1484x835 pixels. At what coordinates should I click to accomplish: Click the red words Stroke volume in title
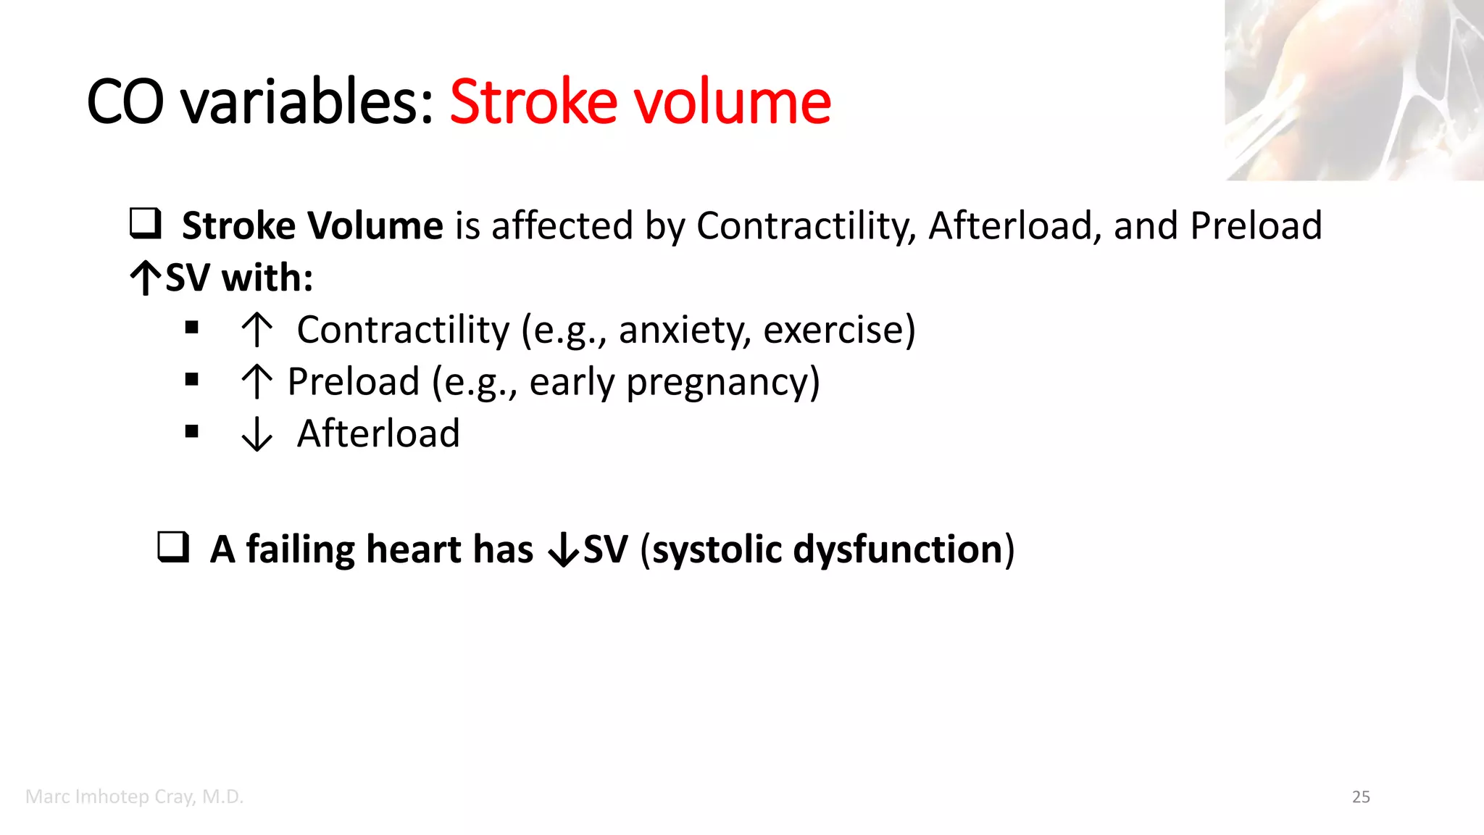[640, 101]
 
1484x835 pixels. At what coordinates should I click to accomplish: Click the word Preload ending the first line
[1256, 225]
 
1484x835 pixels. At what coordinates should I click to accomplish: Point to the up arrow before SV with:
[146, 278]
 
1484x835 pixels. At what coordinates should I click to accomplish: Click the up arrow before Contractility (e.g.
[257, 330]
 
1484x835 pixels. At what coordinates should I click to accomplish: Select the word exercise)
[839, 331]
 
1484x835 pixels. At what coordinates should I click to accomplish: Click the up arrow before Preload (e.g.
[257, 382]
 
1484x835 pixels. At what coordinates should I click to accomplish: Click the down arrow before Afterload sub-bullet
[257, 434]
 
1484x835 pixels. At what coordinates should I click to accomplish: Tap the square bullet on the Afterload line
[191, 432]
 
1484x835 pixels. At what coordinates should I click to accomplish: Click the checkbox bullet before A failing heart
[173, 547]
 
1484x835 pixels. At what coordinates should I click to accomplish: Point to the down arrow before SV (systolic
[564, 551]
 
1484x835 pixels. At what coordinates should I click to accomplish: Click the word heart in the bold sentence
[413, 549]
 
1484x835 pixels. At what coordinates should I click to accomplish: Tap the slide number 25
[1361, 797]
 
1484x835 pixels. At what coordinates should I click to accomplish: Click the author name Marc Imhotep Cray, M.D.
[134, 797]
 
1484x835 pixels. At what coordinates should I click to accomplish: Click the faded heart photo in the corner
[1354, 90]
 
